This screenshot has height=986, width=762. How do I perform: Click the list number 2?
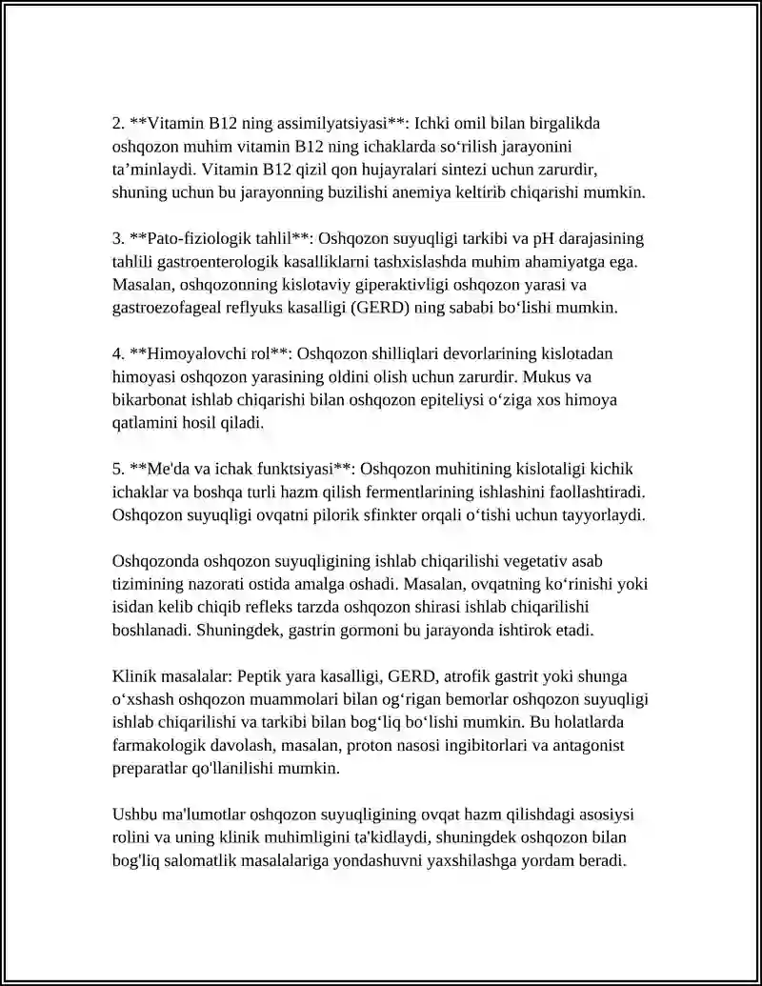coord(117,124)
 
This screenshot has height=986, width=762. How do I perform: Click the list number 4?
coord(117,354)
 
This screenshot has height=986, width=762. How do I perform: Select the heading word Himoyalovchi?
coord(187,354)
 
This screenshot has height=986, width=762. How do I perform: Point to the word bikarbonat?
coord(148,400)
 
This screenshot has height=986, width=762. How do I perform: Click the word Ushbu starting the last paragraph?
coord(133,815)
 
